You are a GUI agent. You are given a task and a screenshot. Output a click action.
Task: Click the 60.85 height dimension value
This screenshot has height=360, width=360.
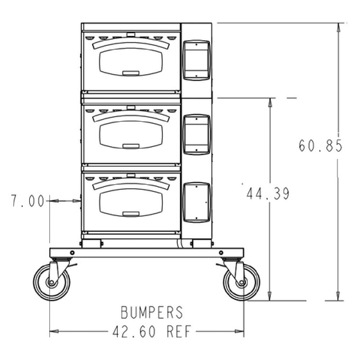pos(320,146)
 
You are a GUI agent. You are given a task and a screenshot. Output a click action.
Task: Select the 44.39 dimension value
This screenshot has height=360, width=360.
pos(267,194)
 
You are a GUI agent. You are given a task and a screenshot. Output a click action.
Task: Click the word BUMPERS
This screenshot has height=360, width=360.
pos(152,312)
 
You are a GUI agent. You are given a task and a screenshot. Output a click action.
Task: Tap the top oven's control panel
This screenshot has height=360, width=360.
pos(196,60)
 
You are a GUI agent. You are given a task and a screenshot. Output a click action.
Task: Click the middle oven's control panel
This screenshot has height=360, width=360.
pos(196,134)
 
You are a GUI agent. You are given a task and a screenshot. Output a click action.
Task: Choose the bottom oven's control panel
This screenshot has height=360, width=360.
pos(196,202)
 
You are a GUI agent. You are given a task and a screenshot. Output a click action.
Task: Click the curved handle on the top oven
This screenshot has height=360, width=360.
pos(130,43)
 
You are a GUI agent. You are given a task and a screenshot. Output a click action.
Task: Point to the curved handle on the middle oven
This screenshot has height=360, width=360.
pos(130,115)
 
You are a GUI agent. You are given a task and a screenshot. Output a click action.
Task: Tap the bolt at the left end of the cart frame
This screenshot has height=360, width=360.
pos(72,252)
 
